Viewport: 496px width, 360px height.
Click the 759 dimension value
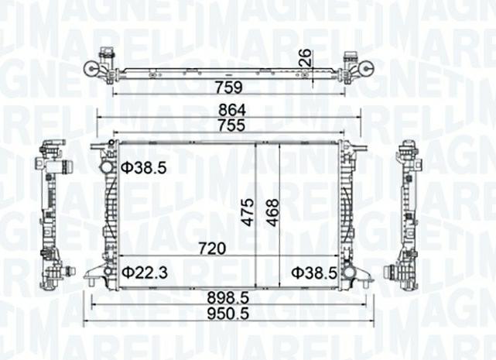tap(229, 87)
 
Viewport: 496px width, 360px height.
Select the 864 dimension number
tap(229, 110)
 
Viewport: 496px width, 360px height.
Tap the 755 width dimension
tap(229, 125)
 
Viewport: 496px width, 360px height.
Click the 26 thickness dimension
tap(306, 57)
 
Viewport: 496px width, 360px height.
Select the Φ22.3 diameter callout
tap(144, 272)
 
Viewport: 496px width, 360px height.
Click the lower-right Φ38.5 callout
tap(314, 272)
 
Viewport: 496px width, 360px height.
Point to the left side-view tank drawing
tap(51, 213)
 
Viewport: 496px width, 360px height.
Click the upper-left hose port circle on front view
tap(105, 167)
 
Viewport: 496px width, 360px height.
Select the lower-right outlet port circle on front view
tap(350, 273)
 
